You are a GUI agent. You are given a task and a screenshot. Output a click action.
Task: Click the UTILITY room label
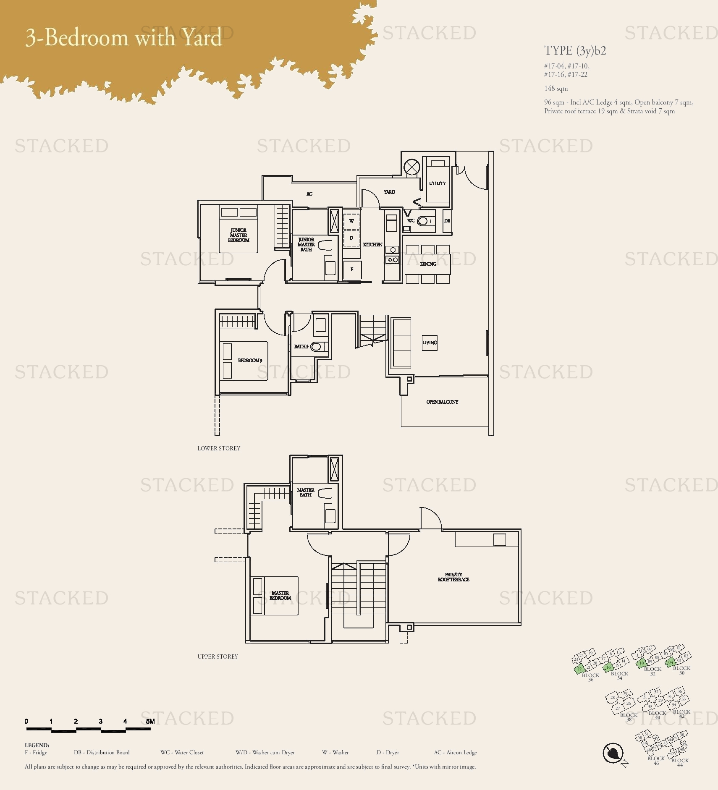coord(437,183)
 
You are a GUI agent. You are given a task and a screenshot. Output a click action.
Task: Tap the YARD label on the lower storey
coord(389,192)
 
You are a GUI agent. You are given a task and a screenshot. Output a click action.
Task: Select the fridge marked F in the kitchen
coord(352,269)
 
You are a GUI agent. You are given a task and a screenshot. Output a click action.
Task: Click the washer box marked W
coord(351,221)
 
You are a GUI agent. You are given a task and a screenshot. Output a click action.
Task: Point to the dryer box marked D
coord(351,238)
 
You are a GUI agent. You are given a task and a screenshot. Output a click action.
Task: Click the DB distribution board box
coord(447,221)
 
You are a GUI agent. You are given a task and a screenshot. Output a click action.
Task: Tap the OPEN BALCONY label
coord(442,402)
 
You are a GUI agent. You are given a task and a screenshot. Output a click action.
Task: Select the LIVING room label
coord(430,343)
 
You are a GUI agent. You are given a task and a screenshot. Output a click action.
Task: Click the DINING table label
coord(428,264)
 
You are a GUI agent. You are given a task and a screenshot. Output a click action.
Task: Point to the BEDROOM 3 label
coord(250,361)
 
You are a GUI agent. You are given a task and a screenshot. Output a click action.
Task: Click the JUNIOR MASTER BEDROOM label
coord(238,235)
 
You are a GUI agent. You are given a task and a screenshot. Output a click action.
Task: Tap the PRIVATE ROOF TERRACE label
coord(453,577)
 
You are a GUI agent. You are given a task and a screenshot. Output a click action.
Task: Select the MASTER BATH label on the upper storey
coord(306,492)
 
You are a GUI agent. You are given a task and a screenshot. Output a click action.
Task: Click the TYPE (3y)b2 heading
coord(575,51)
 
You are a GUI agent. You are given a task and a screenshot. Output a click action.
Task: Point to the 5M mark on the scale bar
coord(150,721)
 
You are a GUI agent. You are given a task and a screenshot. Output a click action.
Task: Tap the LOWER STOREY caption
coord(219,448)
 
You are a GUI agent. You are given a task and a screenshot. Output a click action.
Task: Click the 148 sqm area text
coord(556,89)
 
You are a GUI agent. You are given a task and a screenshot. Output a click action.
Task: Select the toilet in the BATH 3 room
coord(317,347)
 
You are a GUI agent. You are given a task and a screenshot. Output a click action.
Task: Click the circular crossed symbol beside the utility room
coord(411,167)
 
